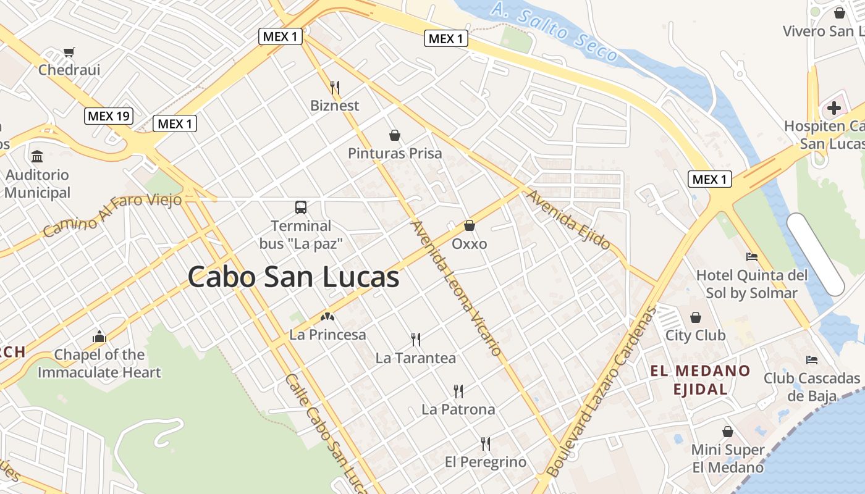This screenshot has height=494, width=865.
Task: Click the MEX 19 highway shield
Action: pyautogui.click(x=109, y=115)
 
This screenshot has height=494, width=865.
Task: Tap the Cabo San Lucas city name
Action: pyautogui.click(x=293, y=277)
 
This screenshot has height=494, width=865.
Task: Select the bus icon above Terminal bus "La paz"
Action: pyautogui.click(x=301, y=207)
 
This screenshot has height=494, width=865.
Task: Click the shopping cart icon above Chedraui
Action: pyautogui.click(x=69, y=52)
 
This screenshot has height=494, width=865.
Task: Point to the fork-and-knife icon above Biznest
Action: pyautogui.click(x=335, y=87)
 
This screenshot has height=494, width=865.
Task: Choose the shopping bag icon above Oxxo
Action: pyautogui.click(x=470, y=225)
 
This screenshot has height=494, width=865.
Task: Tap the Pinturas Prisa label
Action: pyautogui.click(x=395, y=153)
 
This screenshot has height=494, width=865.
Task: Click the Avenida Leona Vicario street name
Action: pyautogui.click(x=457, y=288)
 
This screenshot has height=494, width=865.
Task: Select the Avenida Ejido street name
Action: pyautogui.click(x=568, y=220)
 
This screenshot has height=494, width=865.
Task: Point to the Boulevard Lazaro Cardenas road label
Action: pyautogui.click(x=601, y=391)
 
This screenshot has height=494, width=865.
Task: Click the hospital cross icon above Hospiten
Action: pyautogui.click(x=834, y=109)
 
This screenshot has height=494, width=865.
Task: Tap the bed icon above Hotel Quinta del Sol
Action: pyautogui.click(x=752, y=256)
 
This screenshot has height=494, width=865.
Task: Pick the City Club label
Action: pyautogui.click(x=695, y=335)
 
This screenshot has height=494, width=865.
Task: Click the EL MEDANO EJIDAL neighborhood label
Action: pyautogui.click(x=700, y=380)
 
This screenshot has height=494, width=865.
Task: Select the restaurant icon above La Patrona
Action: pyautogui.click(x=458, y=391)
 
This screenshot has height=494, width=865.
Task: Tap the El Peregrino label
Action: pyautogui.click(x=486, y=462)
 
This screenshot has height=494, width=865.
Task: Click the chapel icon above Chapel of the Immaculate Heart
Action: pyautogui.click(x=99, y=337)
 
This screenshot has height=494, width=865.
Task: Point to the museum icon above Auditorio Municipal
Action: pyautogui.click(x=37, y=156)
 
